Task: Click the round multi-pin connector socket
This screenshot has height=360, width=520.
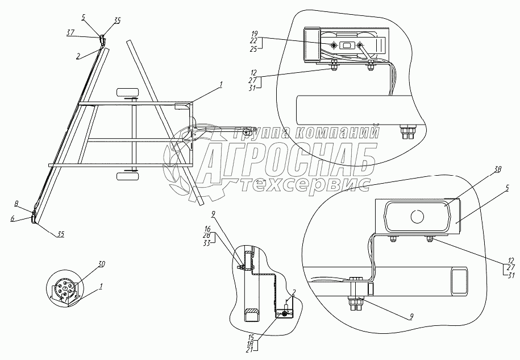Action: tap(65, 290)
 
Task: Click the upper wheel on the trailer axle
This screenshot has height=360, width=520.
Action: tap(128, 92)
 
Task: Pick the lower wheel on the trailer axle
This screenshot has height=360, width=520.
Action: tap(128, 177)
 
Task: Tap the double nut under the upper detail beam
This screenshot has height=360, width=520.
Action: tap(408, 133)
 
